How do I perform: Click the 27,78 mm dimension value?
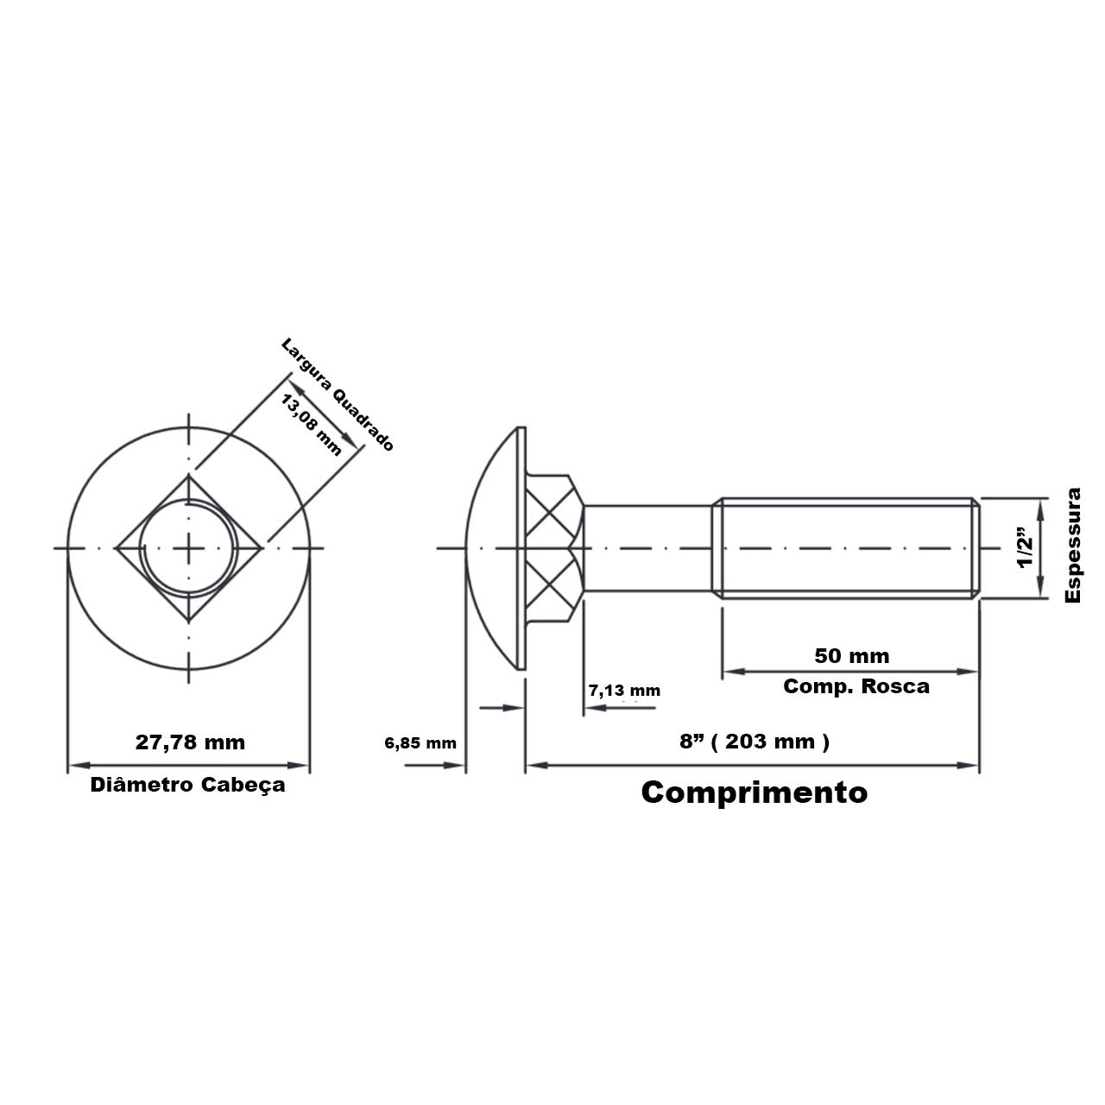point(190,742)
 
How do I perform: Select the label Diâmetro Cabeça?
point(187,786)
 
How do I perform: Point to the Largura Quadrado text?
point(338,394)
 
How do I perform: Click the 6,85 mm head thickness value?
point(420,743)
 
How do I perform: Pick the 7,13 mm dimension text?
point(624,691)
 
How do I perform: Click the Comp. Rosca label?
point(856,686)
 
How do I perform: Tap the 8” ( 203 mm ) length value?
point(755,742)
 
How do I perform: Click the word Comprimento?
point(754,792)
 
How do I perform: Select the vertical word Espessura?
point(1073,546)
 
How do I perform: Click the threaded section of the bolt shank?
point(846,547)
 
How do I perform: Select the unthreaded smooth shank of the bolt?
point(647,547)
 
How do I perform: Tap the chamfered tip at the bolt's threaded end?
point(976,547)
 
